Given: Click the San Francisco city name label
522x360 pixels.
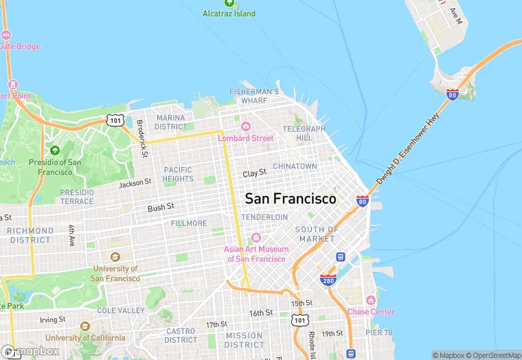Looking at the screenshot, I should click(291, 199).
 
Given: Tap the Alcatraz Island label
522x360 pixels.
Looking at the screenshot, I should click(229, 14).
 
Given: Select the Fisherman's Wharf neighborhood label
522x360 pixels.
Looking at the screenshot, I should click(254, 95).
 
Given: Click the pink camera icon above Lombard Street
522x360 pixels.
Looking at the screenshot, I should click(245, 126).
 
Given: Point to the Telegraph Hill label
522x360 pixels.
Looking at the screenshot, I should click(304, 133).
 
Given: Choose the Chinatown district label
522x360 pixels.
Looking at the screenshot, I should click(295, 166).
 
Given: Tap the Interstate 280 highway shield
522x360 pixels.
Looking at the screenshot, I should click(328, 280).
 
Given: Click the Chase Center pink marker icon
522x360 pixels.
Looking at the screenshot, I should click(371, 300).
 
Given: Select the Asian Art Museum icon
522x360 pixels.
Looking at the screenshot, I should click(256, 238).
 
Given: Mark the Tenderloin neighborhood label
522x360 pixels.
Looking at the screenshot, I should click(264, 216).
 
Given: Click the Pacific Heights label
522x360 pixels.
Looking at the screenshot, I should click(178, 174).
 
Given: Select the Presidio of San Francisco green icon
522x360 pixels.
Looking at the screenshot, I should click(55, 150).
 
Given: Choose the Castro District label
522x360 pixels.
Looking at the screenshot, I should click(181, 335).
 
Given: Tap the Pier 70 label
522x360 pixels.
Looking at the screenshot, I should click(378, 333).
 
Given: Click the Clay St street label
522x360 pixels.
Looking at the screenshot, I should click(254, 174).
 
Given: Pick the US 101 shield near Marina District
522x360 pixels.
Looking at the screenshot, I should click(115, 120).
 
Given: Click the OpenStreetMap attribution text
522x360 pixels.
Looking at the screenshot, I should click(493, 355).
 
